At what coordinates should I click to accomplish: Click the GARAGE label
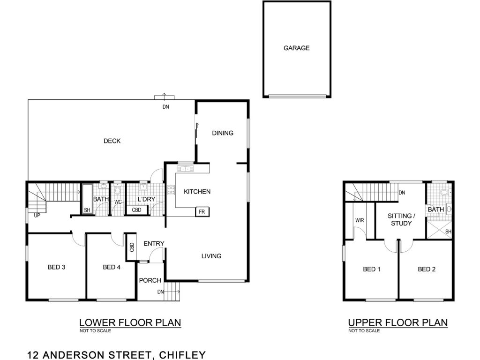296,48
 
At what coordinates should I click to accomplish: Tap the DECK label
112,141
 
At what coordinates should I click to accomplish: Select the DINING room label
223,133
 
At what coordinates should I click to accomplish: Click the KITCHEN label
197,192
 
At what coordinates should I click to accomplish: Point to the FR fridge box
202,211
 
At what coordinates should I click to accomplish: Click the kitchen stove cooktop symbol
171,190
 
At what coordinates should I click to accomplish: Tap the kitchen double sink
184,169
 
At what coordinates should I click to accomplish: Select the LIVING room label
211,256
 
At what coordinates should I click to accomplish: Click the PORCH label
150,280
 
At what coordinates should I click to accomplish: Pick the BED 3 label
56,267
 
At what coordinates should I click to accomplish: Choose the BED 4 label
112,267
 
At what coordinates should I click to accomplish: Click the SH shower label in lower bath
87,210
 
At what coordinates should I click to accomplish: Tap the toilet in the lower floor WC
118,190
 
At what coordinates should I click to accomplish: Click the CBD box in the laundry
137,210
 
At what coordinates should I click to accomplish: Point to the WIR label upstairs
360,220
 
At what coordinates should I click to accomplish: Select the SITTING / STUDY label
401,219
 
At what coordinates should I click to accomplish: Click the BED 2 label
427,270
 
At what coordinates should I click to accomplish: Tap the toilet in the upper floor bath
444,193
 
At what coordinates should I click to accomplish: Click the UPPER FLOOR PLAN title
398,322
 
